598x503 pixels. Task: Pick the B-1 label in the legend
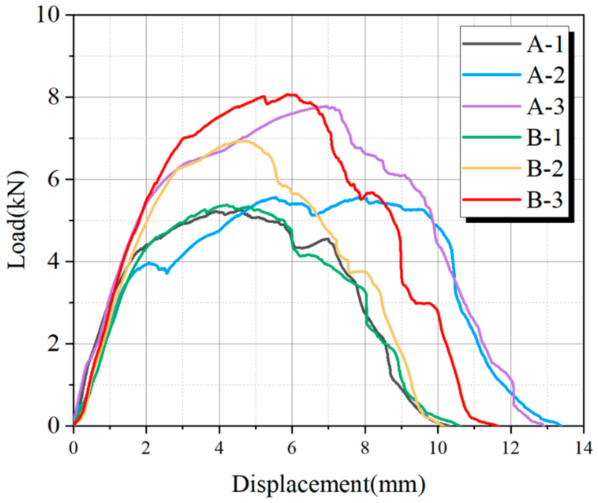544,138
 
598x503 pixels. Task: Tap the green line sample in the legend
492,137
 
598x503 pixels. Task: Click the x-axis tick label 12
511,448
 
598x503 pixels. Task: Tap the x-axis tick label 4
219,448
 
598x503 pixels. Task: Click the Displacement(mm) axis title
328,485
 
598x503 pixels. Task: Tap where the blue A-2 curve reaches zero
561,425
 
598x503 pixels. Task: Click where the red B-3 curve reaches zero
499,425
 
